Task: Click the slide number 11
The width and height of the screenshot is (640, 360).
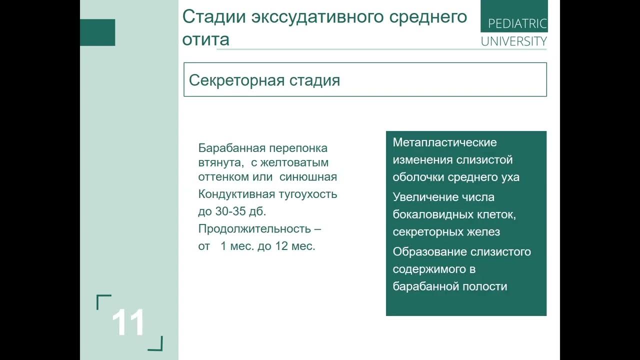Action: tap(128, 322)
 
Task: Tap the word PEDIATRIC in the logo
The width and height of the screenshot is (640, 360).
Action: tap(517, 23)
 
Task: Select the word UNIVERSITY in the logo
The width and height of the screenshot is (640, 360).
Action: tap(513, 41)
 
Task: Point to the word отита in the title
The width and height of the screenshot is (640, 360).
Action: tap(205, 39)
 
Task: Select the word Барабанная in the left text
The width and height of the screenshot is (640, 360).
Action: tap(231, 148)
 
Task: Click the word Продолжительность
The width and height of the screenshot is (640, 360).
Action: tap(255, 229)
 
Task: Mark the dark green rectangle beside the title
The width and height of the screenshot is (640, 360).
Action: tap(97, 32)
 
